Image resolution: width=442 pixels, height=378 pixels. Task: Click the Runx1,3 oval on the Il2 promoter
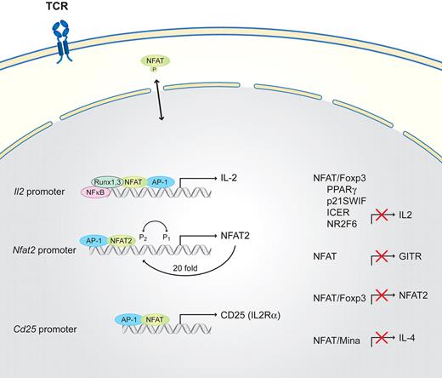pyautogui.click(x=108, y=181)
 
